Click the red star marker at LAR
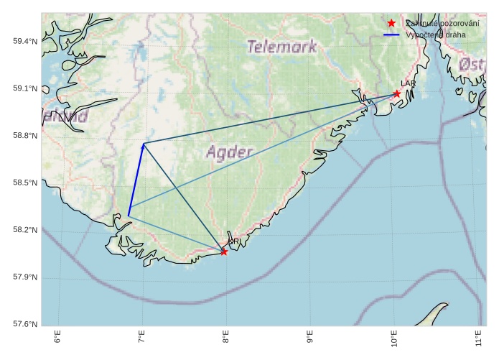click(x=397, y=93)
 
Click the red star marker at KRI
click(x=224, y=251)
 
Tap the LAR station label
click(x=409, y=84)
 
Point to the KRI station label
click(x=234, y=242)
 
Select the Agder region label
click(x=229, y=152)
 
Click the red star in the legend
click(x=391, y=24)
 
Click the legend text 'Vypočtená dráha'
click(x=435, y=34)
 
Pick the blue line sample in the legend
click(x=391, y=34)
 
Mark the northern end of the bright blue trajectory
click(x=143, y=144)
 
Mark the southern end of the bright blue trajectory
click(x=129, y=216)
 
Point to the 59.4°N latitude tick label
click(x=25, y=41)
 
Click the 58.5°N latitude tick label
click(x=25, y=183)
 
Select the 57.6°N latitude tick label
click(x=25, y=324)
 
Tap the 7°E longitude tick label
click(x=142, y=338)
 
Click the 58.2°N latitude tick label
click(x=25, y=230)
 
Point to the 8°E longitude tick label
click(x=226, y=338)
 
